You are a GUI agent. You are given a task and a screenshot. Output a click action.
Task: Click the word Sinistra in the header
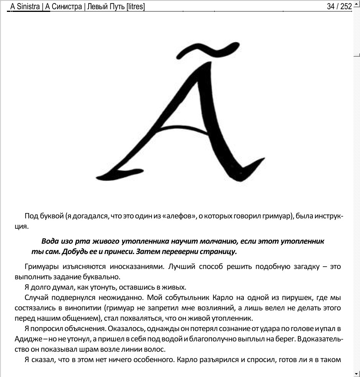click(28, 7)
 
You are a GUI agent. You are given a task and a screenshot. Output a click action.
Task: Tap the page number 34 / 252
click(339, 7)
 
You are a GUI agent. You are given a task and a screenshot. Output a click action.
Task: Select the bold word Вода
click(51, 242)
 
